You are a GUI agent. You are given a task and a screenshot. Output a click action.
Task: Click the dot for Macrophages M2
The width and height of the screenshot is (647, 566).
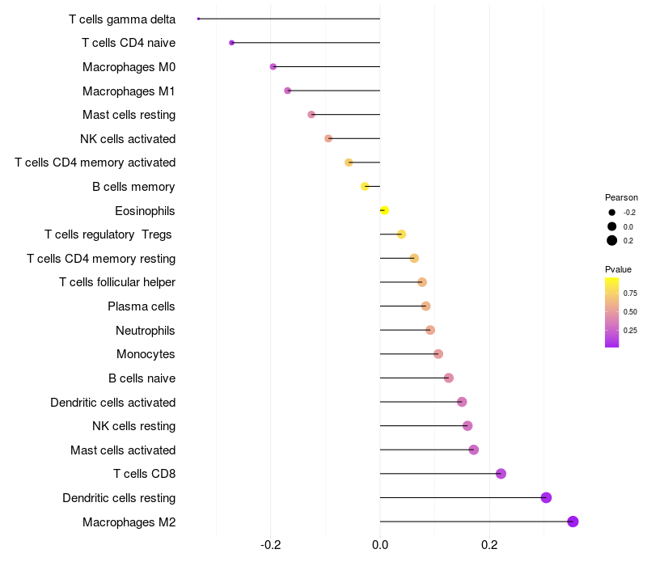click(573, 522)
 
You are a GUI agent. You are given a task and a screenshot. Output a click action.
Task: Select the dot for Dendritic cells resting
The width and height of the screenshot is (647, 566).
click(546, 497)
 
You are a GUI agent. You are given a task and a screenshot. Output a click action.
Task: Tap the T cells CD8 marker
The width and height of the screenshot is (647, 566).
click(501, 474)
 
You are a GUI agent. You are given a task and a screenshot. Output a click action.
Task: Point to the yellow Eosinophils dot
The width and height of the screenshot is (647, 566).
click(384, 211)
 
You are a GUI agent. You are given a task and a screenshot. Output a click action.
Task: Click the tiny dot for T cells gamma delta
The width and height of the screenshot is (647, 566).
click(198, 19)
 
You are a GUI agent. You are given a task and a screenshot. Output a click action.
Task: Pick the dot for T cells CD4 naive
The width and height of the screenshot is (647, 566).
click(232, 43)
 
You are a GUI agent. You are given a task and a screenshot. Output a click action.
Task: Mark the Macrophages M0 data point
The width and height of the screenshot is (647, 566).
click(273, 67)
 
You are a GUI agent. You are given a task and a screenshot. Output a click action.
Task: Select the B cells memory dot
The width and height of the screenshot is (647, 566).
click(365, 187)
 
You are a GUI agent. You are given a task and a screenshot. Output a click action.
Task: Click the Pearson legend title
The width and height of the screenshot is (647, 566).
click(621, 197)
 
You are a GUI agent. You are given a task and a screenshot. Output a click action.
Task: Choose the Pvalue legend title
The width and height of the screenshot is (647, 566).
click(619, 269)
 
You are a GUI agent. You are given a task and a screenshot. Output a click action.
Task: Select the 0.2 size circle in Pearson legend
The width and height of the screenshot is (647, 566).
click(612, 240)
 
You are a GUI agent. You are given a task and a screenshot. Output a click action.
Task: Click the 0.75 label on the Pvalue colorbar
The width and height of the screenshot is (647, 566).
click(630, 293)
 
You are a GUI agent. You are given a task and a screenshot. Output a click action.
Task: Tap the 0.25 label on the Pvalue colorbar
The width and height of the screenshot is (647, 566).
click(630, 330)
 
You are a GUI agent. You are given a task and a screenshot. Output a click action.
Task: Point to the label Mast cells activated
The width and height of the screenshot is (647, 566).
click(123, 450)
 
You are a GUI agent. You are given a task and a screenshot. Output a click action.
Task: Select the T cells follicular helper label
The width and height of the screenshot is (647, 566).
click(117, 282)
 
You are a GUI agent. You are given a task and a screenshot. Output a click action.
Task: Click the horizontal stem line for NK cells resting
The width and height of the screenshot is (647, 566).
click(421, 426)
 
